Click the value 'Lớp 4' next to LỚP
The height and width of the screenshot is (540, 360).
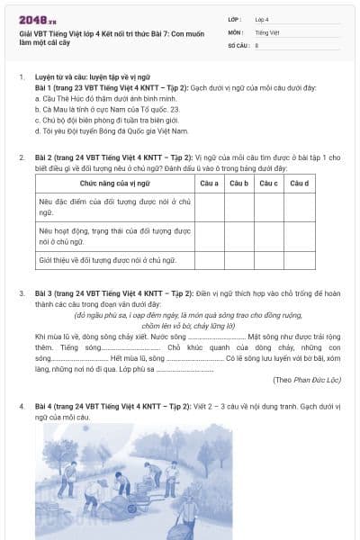[262, 18]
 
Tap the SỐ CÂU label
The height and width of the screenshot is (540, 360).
[238, 43]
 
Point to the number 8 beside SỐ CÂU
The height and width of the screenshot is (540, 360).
[256, 43]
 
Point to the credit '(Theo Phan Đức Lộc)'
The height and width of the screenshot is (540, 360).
[307, 380]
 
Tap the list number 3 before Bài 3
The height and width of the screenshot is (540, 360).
[22, 293]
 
